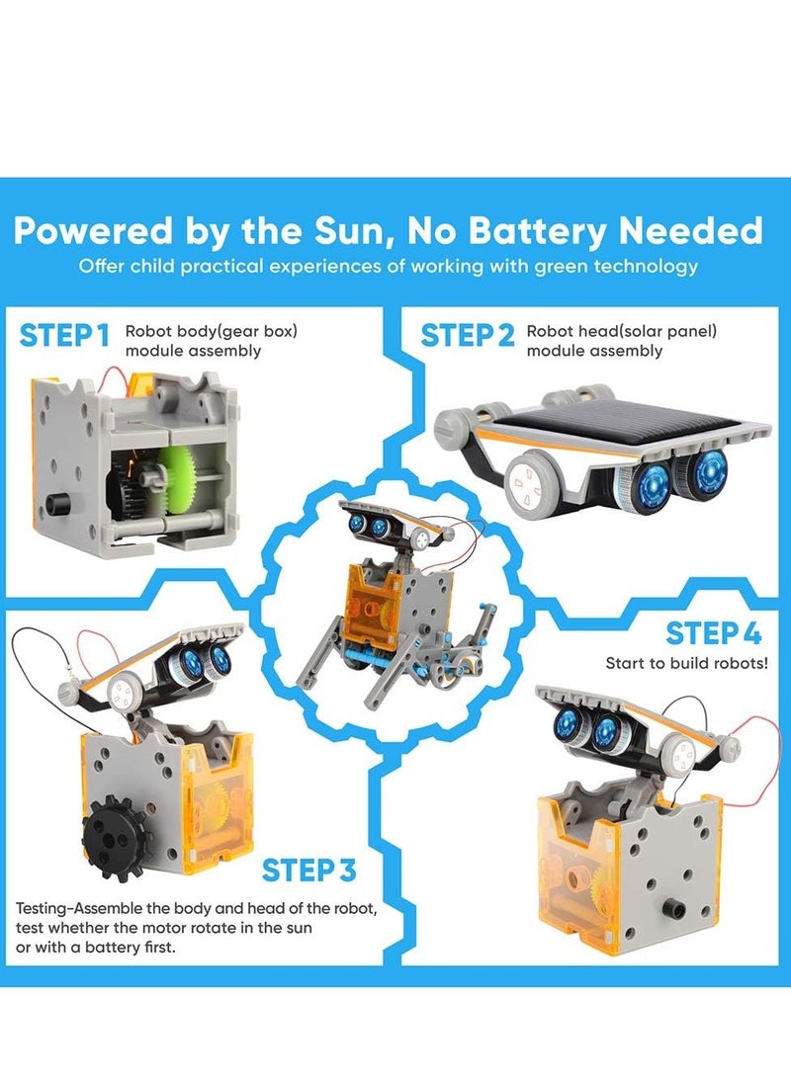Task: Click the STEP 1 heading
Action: point(64,335)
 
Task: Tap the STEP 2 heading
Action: point(468,335)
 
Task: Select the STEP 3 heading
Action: point(309,871)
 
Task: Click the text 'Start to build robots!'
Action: point(686,662)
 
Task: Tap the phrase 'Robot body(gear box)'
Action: point(211,332)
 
